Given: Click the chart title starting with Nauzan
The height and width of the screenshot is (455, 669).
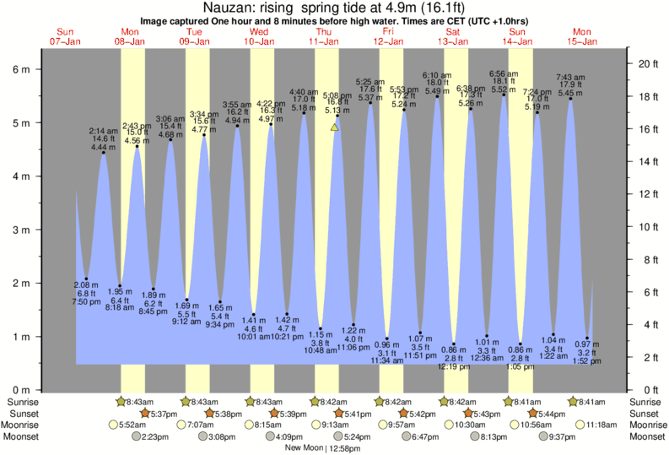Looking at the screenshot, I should tap(334, 8).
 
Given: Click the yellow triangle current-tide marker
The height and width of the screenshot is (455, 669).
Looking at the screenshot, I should tap(335, 127).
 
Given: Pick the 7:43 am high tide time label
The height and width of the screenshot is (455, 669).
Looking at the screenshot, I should tap(571, 78).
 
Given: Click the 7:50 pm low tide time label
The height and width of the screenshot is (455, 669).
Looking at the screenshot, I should tap(86, 301).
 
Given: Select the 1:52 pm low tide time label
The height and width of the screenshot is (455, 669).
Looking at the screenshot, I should tap(588, 361).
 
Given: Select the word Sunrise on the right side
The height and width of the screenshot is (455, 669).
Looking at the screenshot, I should tap(647, 402).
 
